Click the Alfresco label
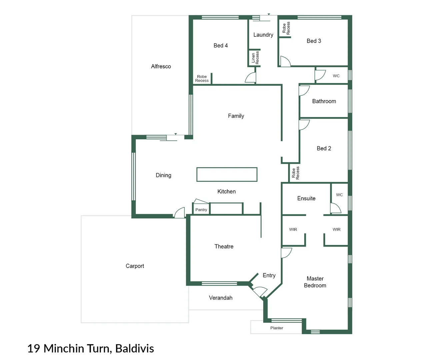pos(161,66)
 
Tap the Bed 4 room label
pos(220,45)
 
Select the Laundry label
pos(263,35)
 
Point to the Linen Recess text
pos(255,58)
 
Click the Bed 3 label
pos(314,41)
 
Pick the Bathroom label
pos(324,101)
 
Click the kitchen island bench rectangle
pos(227,174)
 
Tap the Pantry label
pos(201,210)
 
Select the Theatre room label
pos(224,246)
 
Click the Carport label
pos(135,266)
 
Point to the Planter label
pos(276,328)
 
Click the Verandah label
pos(220,298)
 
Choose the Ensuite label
pos(306,198)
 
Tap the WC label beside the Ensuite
pos(339,195)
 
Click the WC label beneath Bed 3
pos(336,76)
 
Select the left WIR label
pos(293,229)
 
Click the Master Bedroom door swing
pos(286,253)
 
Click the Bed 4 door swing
pos(251,78)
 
